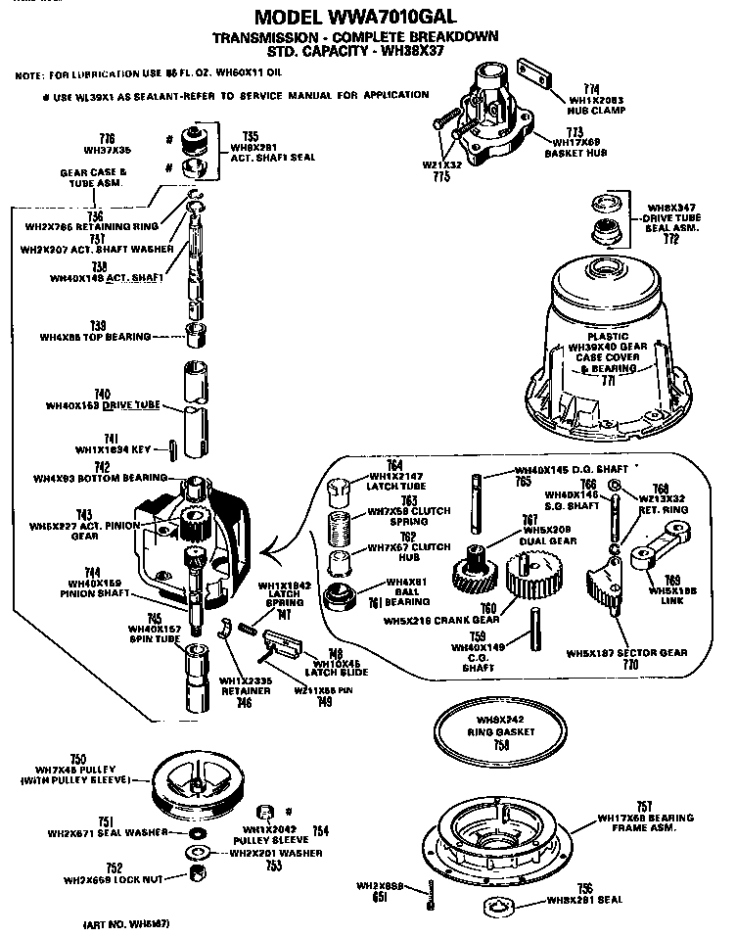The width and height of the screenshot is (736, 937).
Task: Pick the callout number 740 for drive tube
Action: (x=115, y=393)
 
